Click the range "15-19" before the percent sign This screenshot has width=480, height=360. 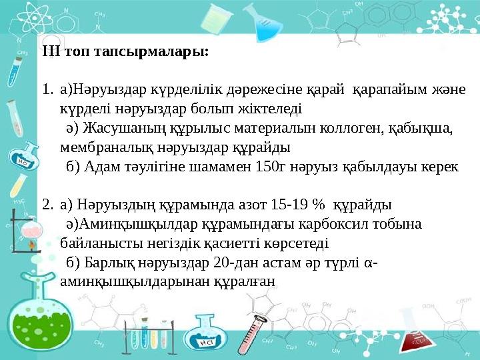click(x=302, y=203)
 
